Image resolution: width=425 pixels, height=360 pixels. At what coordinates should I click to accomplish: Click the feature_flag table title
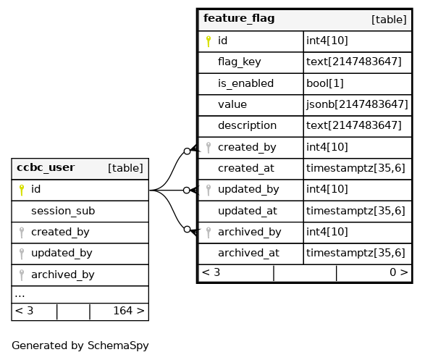[x=239, y=18]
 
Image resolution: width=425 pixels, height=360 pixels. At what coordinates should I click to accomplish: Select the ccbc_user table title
[x=46, y=167]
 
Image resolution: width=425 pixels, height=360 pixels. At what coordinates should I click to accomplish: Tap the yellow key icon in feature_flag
[x=209, y=41]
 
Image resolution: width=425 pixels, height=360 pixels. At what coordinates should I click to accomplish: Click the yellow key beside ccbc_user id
[x=22, y=190]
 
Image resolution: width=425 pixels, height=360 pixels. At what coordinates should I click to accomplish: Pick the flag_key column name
[x=240, y=62]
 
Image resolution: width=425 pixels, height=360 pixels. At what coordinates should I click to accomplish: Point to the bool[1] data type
[x=324, y=83]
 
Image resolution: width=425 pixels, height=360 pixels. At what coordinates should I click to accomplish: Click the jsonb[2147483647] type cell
[x=357, y=104]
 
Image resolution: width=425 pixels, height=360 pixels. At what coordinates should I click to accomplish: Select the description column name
[x=247, y=125]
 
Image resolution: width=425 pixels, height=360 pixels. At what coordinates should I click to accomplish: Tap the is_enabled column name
[x=246, y=83]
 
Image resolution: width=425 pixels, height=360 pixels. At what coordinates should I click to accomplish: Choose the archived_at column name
[x=248, y=253]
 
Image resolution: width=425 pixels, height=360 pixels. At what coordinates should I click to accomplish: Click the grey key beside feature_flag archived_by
[x=209, y=233]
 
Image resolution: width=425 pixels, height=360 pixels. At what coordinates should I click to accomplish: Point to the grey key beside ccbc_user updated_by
[x=22, y=254]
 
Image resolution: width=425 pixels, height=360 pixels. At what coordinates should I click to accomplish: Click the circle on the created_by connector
[x=187, y=151]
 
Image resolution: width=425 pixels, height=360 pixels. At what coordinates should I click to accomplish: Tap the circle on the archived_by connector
[x=187, y=230]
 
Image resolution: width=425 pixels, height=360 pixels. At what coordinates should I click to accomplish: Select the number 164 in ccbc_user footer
[x=123, y=311]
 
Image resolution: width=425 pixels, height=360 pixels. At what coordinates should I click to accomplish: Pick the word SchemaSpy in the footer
[x=118, y=346]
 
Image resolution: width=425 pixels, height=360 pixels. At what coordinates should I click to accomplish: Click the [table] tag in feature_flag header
[x=389, y=20]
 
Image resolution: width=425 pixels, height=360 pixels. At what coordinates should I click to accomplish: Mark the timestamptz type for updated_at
[x=355, y=211]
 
